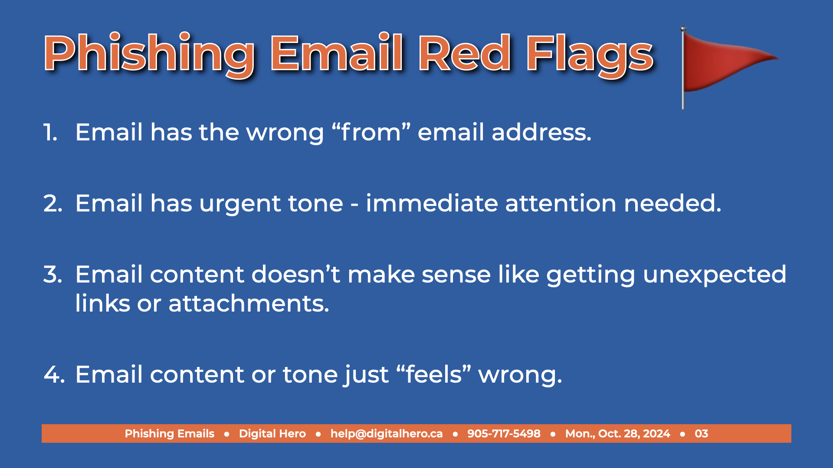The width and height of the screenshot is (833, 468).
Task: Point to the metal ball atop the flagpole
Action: (683, 29)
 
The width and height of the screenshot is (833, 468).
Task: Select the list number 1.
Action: (50, 132)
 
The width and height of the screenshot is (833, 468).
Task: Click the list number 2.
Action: (52, 203)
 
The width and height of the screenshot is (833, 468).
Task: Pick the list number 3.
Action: (52, 274)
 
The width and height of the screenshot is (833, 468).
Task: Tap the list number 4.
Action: (54, 374)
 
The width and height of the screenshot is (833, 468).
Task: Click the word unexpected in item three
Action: (715, 275)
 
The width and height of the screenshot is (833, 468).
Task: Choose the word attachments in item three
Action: (249, 303)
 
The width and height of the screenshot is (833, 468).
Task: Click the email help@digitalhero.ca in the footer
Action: (387, 434)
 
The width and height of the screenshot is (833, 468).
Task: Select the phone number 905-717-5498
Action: (504, 434)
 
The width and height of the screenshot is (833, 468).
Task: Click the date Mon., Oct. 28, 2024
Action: (617, 434)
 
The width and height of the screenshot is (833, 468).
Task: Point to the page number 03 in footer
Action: (701, 434)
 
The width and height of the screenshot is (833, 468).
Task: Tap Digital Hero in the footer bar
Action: (272, 434)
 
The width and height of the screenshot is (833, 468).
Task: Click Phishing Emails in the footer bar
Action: (170, 434)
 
